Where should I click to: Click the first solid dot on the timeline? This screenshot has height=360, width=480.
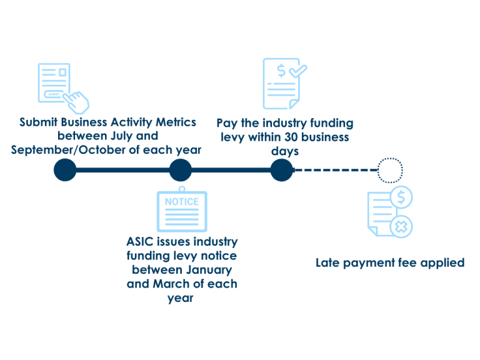(x=65, y=170)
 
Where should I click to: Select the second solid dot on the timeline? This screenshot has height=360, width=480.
(x=180, y=170)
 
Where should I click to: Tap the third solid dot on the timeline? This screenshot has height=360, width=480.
(x=282, y=170)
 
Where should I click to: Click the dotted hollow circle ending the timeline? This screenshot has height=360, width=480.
(x=390, y=170)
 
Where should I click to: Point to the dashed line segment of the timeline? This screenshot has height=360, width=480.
(x=336, y=170)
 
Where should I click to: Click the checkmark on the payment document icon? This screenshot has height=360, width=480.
(x=297, y=71)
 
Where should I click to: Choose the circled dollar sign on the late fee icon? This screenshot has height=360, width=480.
(x=401, y=198)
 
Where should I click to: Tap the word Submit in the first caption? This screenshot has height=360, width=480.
(x=39, y=122)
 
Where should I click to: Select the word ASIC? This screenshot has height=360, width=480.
(x=142, y=242)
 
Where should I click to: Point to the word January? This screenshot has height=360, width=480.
(x=209, y=270)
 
